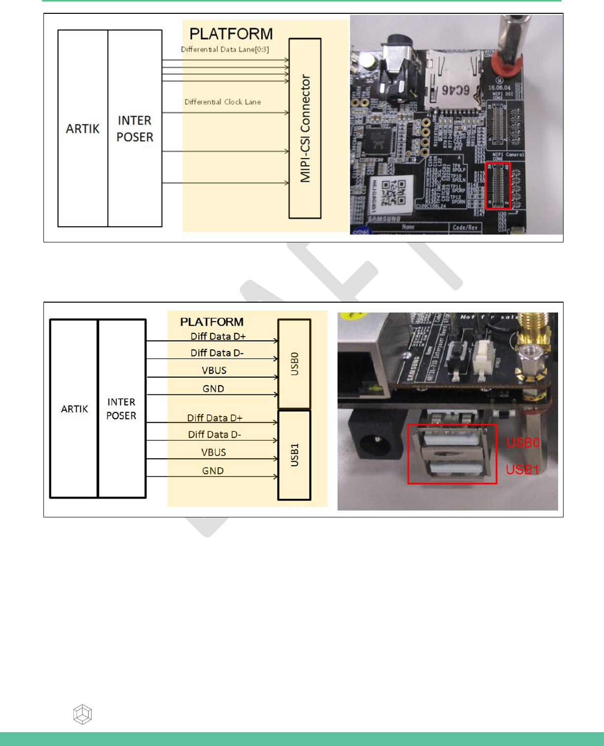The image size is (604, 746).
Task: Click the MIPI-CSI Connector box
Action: pyautogui.click(x=305, y=128)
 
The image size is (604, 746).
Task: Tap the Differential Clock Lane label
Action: pyautogui.click(x=223, y=102)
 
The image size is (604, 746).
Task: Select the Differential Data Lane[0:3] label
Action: pyautogui.click(x=225, y=49)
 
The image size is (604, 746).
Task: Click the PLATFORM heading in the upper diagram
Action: pyautogui.click(x=231, y=34)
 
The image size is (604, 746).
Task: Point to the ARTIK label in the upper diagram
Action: pyautogui.click(x=83, y=128)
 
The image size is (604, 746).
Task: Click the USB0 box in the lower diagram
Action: pyautogui.click(x=294, y=364)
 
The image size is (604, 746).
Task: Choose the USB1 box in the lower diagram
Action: pyautogui.click(x=294, y=455)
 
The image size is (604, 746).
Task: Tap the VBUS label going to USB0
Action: pyautogui.click(x=214, y=370)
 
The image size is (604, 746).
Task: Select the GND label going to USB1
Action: pyautogui.click(x=213, y=471)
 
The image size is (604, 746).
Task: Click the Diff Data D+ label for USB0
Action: pyautogui.click(x=218, y=336)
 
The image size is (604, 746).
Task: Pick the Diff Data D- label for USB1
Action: pyautogui.click(x=215, y=434)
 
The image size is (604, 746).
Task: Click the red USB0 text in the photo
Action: pyautogui.click(x=523, y=442)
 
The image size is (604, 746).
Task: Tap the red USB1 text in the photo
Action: pyautogui.click(x=523, y=470)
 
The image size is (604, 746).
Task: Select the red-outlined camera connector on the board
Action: pyautogui.click(x=498, y=185)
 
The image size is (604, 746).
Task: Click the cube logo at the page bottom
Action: pyautogui.click(x=82, y=714)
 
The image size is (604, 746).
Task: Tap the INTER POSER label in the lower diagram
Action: pyautogui.click(x=121, y=409)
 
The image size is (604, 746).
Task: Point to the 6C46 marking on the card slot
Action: pyautogui.click(x=455, y=90)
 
